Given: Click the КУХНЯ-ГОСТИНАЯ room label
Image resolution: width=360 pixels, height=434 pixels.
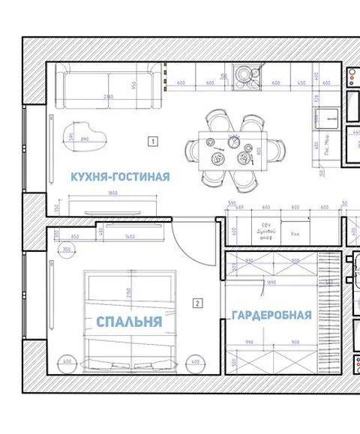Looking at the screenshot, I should [120, 177].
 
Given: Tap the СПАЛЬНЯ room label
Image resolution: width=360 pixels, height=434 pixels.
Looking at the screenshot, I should [129, 322].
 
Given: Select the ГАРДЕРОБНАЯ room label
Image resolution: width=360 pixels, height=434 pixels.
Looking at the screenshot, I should [271, 316].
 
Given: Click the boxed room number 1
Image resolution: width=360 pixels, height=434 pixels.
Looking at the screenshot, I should [152, 140].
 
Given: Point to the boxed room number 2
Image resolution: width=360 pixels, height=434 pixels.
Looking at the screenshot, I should [196, 304].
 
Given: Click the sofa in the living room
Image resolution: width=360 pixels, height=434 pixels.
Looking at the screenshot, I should [110, 88].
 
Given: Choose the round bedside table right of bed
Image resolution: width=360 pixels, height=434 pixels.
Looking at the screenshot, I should [195, 361].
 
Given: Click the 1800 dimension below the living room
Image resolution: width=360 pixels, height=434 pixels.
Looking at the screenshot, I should [112, 193].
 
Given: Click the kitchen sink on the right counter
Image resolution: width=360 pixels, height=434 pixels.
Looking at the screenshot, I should [328, 118].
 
